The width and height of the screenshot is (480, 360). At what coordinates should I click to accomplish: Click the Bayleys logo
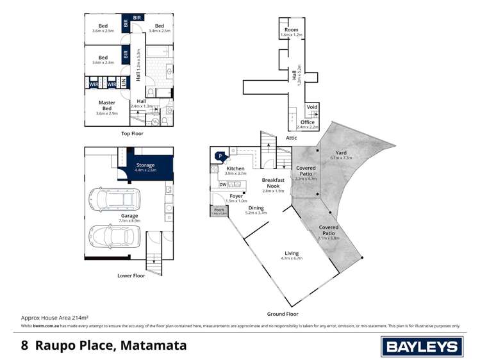pos(422,347)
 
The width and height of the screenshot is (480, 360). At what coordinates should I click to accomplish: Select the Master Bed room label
pos(106,106)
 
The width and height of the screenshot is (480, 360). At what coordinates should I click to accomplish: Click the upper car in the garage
pos(116,200)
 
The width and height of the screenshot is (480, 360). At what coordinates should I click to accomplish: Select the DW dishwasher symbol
pos(222,184)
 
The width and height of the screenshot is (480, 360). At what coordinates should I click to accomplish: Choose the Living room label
pos(291,255)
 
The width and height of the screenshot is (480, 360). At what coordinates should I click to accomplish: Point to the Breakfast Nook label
pos(273,184)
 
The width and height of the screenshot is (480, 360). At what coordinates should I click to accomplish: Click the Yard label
pos(341,154)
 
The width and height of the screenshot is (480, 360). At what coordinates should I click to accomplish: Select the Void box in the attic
pos(312,108)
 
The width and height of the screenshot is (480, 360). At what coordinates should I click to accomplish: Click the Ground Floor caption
pos(283,314)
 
